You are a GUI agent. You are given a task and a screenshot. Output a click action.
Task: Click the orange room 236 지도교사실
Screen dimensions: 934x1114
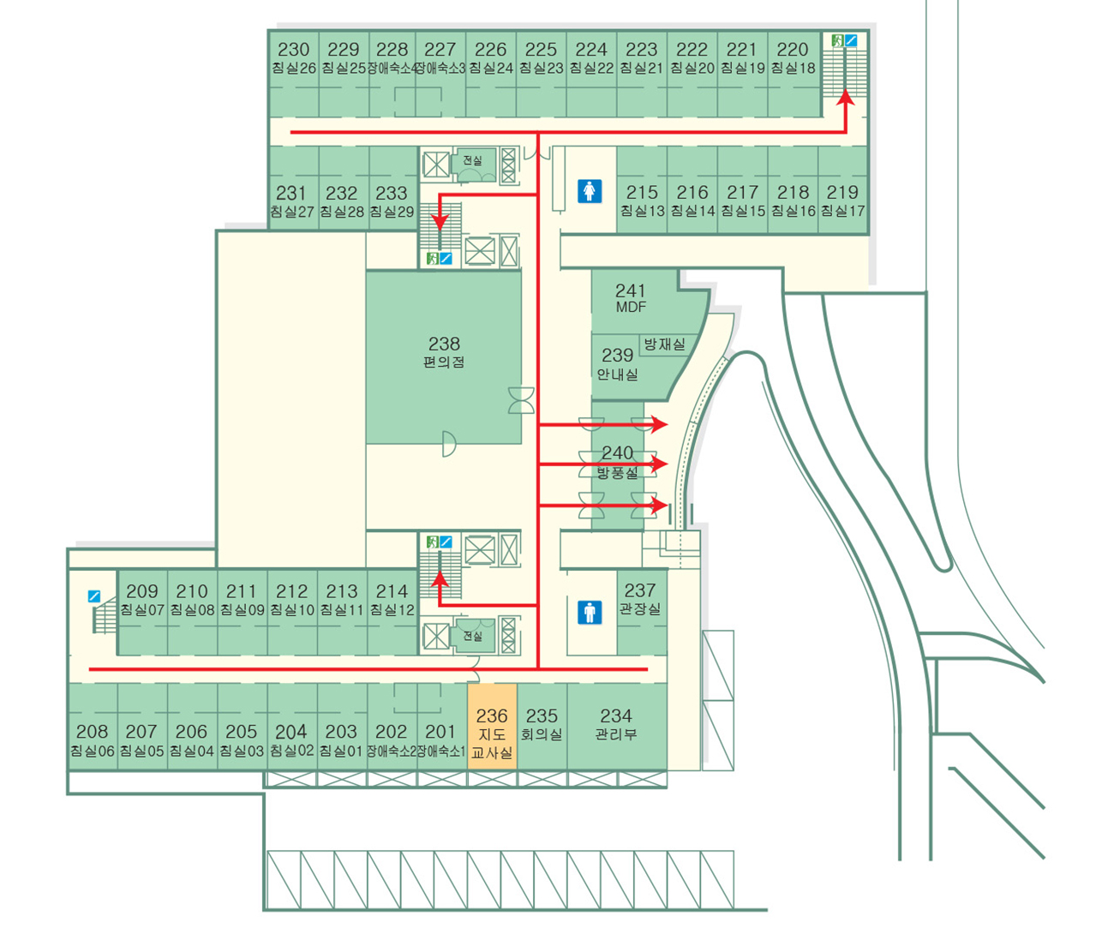pos(492,733)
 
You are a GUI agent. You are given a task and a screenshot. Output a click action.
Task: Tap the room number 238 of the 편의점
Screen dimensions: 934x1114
pos(444,344)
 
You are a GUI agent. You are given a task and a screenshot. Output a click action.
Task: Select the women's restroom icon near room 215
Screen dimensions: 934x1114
pos(590,191)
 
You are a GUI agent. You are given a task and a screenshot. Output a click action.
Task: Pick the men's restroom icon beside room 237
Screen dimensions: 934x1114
pos(590,612)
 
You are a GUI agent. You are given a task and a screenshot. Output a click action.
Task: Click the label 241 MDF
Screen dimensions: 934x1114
pos(631,298)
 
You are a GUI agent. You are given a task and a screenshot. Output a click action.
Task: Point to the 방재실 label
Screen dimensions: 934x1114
pos(664,344)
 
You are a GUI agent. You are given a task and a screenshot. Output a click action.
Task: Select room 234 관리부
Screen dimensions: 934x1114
pos(616,724)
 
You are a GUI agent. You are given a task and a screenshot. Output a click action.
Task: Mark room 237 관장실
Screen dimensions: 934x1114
pos(640,600)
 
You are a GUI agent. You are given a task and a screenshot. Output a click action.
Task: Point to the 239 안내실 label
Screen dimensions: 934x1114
pos(617,363)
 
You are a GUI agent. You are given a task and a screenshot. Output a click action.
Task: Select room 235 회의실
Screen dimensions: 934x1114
pos(542,724)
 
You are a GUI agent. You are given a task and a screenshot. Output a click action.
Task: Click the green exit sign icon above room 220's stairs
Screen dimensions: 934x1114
pos(837,40)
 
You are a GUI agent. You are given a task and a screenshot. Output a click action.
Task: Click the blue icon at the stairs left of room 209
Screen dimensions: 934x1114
pos(94,596)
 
